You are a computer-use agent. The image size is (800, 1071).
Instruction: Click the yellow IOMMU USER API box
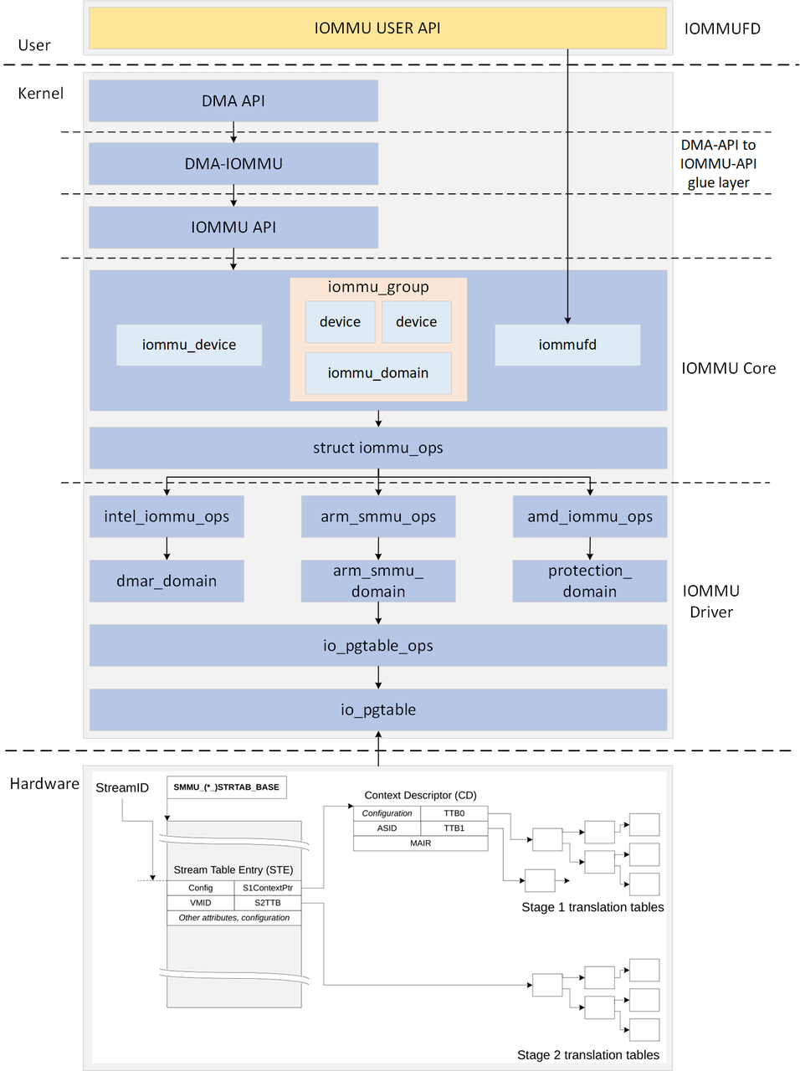tap(377, 28)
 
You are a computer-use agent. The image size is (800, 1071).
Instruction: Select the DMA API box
tap(233, 101)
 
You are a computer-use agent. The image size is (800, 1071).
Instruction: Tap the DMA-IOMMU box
tap(233, 164)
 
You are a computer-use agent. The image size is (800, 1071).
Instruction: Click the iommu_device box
tap(189, 345)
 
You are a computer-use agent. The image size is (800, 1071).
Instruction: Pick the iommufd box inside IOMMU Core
tap(567, 345)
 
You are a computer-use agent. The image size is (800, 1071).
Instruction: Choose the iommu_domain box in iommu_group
tap(378, 373)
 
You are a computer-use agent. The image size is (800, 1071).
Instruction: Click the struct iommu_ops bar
tap(378, 448)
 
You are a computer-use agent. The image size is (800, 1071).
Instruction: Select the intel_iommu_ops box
tap(167, 516)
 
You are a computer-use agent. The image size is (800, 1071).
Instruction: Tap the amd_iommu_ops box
tap(590, 516)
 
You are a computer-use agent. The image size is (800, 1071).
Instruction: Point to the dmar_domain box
tap(167, 581)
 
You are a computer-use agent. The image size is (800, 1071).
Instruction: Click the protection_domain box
tap(590, 581)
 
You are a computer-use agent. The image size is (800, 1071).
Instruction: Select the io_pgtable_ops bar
tap(378, 646)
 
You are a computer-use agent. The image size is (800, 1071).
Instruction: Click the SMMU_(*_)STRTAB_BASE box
tap(227, 787)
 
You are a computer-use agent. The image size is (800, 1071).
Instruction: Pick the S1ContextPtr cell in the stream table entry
tap(268, 888)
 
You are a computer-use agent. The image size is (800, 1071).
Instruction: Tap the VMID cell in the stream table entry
tap(201, 903)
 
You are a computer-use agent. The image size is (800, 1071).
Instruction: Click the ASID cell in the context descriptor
tap(387, 828)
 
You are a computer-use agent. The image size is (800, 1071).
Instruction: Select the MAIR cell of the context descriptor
tap(420, 843)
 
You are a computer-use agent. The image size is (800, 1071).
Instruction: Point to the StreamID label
tap(122, 788)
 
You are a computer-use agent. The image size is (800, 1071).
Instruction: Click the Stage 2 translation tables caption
tap(588, 1055)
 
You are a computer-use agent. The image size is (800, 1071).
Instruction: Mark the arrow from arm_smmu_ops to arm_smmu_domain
tap(378, 549)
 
